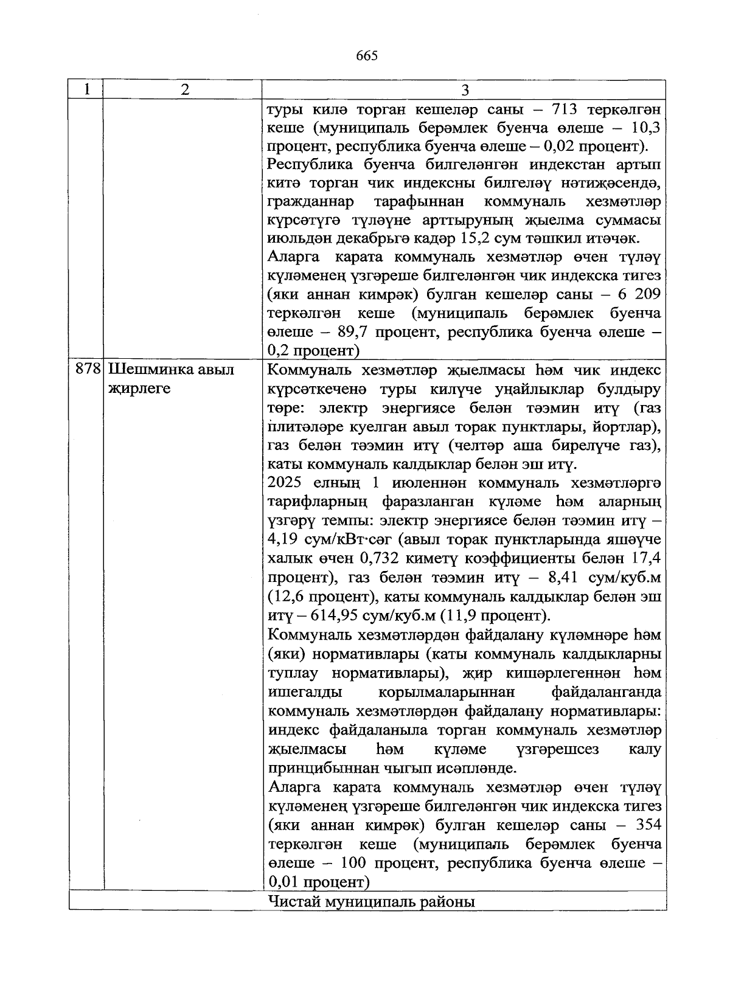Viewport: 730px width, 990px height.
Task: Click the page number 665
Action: coord(367,56)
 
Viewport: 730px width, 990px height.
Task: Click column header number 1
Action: coord(88,89)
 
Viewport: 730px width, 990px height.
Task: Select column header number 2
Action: coord(184,90)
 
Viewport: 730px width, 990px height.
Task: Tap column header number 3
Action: coord(465,90)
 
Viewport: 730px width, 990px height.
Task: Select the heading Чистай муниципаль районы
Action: coord(371,901)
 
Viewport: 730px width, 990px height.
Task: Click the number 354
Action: coord(646,825)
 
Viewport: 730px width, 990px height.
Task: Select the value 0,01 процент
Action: coord(283,882)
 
